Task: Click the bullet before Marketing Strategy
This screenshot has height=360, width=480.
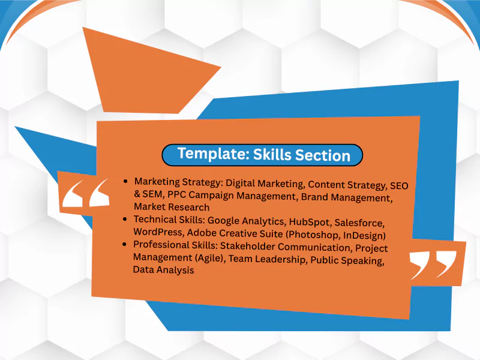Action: click(125, 180)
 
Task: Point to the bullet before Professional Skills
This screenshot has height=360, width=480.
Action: click(124, 244)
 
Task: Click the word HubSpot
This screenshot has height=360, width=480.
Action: click(305, 223)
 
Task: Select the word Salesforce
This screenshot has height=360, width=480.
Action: click(364, 224)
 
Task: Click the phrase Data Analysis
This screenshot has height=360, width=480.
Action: click(163, 270)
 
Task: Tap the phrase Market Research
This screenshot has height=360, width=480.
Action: click(172, 206)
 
